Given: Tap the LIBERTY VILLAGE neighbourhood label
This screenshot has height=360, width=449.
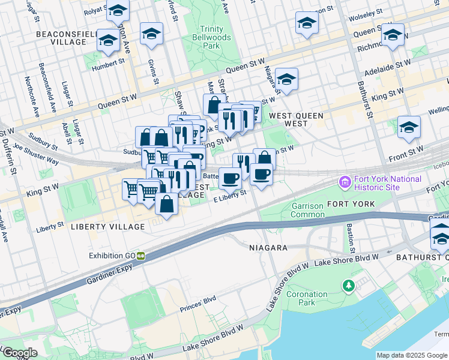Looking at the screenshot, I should click(107, 227).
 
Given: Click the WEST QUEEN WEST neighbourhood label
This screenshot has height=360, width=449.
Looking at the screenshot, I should click(296, 119).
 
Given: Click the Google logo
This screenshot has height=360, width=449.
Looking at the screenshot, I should click(20, 352).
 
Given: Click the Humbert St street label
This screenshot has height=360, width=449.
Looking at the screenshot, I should click(108, 61).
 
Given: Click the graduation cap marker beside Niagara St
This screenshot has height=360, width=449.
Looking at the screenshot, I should click(287, 80).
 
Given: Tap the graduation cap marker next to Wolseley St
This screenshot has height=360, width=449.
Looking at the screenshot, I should click(307, 24).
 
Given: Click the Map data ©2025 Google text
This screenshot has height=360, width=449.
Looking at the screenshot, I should click(412, 355).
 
